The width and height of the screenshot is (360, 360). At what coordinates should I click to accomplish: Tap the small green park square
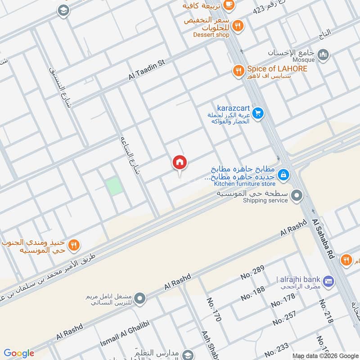tap(114, 186)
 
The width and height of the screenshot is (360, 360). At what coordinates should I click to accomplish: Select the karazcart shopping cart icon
tap(257, 112)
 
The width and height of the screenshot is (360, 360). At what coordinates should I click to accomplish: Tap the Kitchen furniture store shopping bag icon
tap(283, 174)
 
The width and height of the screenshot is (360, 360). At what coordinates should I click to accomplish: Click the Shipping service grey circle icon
tap(297, 196)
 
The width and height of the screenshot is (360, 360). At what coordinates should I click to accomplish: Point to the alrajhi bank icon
tap(328, 280)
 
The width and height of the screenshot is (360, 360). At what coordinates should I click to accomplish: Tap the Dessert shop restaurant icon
tap(238, 26)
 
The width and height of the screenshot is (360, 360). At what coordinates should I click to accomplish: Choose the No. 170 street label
tap(215, 309)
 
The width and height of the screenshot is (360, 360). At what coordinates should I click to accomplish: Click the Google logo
tap(19, 353)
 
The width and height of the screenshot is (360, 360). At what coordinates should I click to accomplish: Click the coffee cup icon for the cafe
tap(229, 4)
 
